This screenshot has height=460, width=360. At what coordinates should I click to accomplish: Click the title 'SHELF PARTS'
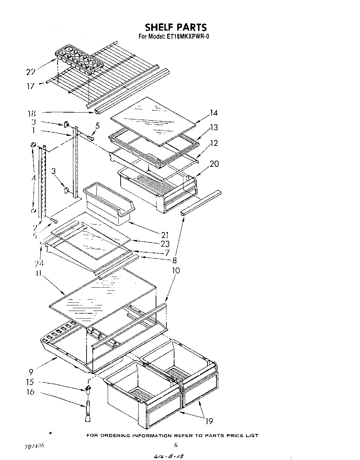coord(175,27)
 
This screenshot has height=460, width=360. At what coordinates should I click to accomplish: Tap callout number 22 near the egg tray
coord(31,72)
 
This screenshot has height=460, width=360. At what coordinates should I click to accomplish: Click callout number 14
coord(213,113)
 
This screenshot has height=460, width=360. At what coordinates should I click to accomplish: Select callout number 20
coord(214,164)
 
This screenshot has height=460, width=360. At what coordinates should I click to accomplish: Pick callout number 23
coord(165,244)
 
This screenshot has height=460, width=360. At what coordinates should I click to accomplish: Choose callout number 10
coord(176,270)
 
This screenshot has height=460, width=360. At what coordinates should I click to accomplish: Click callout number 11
coord(38,273)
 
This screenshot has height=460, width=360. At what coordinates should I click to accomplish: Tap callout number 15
coord(30,382)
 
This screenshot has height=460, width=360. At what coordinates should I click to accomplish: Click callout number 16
coord(30,392)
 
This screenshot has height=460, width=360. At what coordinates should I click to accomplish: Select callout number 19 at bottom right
coord(209,421)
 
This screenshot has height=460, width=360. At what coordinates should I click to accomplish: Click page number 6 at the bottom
coord(176,444)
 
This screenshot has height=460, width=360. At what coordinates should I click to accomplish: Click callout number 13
coord(214,128)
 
